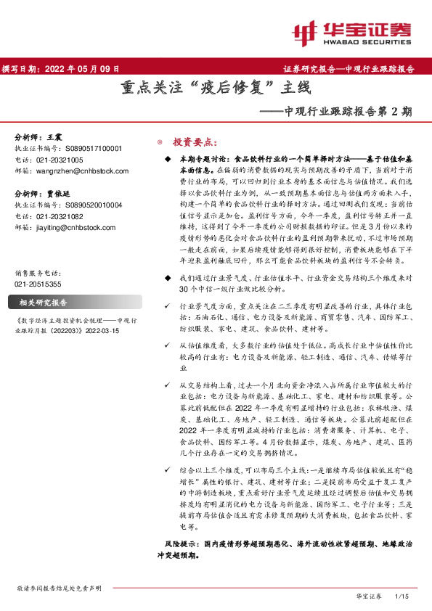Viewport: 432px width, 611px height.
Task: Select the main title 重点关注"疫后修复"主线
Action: pos(216,90)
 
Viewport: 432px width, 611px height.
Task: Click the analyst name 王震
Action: pos(54,136)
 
